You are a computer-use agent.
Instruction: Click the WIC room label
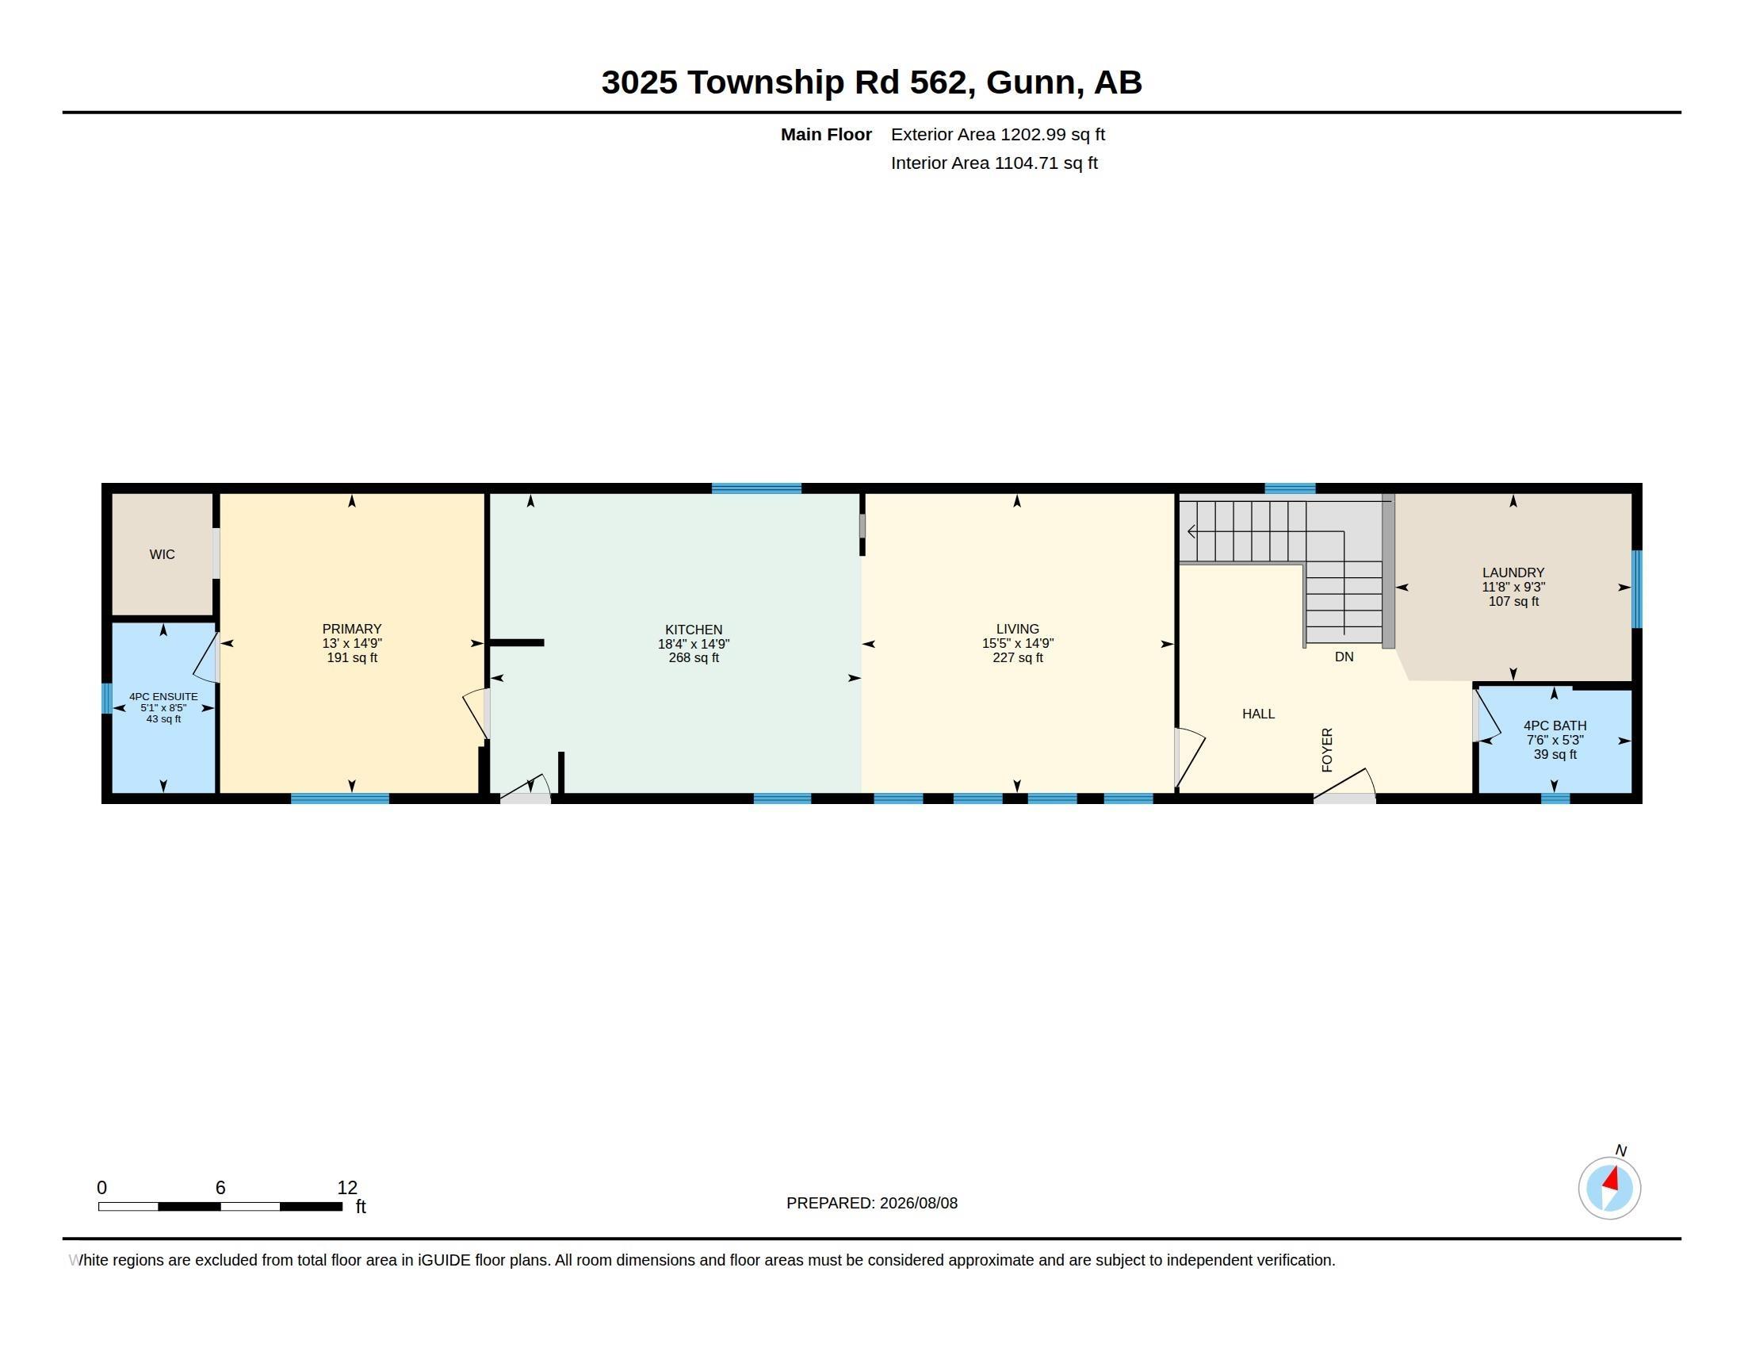162,554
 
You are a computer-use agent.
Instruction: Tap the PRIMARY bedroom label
352,629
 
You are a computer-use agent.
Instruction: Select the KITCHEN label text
694,630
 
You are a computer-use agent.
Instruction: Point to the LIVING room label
1017,629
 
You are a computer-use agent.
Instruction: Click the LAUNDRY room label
1513,573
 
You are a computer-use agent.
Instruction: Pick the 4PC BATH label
1555,725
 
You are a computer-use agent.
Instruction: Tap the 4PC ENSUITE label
164,696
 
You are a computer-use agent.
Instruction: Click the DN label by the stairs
1344,657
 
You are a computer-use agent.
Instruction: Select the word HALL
1259,714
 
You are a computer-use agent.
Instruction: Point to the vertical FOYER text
1327,750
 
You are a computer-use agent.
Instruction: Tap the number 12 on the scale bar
347,1188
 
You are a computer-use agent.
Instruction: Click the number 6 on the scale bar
220,1188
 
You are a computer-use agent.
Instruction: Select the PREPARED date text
872,1203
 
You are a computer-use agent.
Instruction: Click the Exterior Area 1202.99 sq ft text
998,134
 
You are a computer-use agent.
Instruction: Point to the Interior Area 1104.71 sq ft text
994,163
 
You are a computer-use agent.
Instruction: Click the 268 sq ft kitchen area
694,658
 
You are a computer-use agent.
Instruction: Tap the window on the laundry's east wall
1636,588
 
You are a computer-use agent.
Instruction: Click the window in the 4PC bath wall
1555,798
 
